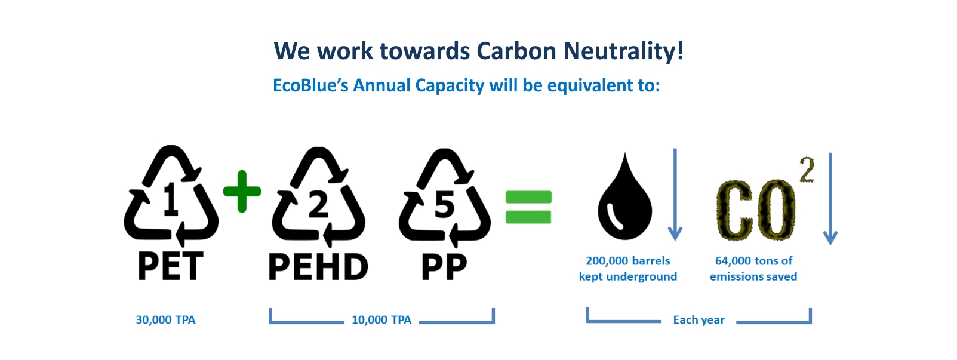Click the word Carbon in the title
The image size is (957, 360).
[x=516, y=51]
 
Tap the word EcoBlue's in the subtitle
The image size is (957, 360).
[x=311, y=85]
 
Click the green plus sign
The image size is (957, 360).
[x=242, y=191]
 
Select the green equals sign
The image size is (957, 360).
[x=528, y=207]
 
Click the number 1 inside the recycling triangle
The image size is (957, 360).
[x=171, y=199]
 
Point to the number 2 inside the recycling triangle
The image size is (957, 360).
[x=318, y=205]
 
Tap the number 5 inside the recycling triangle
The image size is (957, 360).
[x=444, y=205]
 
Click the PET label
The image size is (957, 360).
[x=171, y=266]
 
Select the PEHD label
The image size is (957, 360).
[x=318, y=267]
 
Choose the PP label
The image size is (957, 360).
[x=444, y=267]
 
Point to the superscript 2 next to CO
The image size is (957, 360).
[x=807, y=170]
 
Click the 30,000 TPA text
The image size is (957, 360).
[x=166, y=319]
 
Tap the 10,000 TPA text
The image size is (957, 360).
[x=381, y=319]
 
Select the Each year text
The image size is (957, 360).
[x=699, y=320]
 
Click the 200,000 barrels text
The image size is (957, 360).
[x=628, y=260]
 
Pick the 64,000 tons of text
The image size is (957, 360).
[x=753, y=260]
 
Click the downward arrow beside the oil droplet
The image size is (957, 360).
[x=675, y=195]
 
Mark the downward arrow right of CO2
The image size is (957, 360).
[x=830, y=199]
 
